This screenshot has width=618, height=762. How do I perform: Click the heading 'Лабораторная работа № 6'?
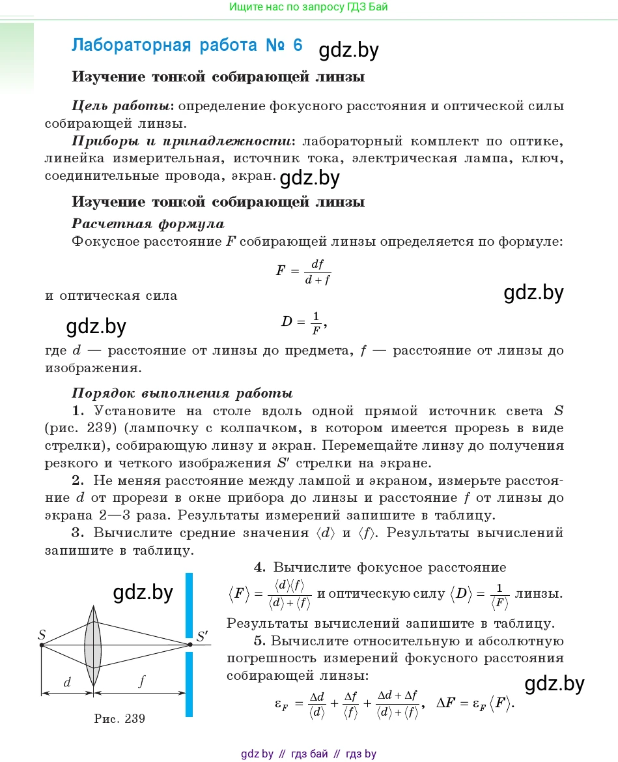pos(187,46)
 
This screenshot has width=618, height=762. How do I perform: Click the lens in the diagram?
pos(94,645)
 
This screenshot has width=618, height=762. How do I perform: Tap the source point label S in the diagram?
pos(42,634)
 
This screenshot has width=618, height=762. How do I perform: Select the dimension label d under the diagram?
pos(67,682)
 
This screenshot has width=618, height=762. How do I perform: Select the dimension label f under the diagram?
pos(141,681)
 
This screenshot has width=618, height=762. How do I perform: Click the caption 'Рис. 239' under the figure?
pos(119,719)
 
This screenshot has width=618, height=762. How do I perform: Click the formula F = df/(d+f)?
pos(303,270)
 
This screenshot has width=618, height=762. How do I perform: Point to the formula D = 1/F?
pos(303,321)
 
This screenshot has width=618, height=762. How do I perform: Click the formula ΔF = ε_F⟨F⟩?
pos(475,704)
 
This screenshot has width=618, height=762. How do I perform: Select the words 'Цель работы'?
pos(122,106)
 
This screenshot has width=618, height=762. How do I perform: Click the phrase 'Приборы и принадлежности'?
pos(180,141)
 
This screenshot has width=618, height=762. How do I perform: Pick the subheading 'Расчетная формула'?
pos(148,224)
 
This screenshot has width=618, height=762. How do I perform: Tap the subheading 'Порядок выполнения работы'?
pos(182,393)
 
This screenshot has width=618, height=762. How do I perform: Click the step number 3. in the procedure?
pos(78,533)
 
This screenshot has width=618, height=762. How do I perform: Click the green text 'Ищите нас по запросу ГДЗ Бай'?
pos(309,7)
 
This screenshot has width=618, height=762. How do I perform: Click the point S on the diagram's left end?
pos(42,645)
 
